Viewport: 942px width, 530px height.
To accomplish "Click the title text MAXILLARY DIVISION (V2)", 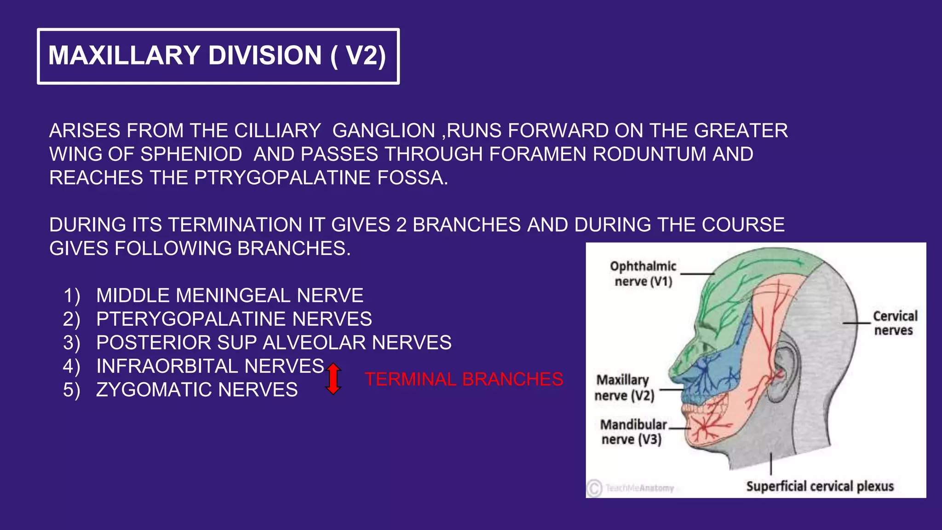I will coord(217,56).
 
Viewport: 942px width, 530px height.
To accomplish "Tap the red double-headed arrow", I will coord(333,379).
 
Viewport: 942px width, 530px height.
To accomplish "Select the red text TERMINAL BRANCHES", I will coord(464,380).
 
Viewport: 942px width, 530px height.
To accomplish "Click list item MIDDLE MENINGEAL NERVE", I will coord(230,295).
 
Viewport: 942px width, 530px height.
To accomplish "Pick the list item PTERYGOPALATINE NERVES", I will coord(234,319).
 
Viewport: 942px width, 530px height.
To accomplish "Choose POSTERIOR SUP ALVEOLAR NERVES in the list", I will coord(274,343).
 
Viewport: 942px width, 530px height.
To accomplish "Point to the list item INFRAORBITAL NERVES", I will coord(210,366).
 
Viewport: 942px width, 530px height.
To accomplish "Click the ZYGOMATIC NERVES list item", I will coord(197,390).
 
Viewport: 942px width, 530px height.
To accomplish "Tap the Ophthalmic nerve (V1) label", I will coord(643,274).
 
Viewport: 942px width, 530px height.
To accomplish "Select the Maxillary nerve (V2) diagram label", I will coord(623,388).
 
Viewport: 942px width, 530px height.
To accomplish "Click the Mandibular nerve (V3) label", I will coord(632,432).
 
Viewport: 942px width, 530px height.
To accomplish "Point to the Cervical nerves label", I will coord(894,323).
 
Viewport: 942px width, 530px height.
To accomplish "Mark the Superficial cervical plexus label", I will coord(820,486).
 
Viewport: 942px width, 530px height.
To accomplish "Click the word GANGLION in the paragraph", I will coord(384,131).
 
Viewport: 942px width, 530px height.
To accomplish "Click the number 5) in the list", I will coord(71,390).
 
